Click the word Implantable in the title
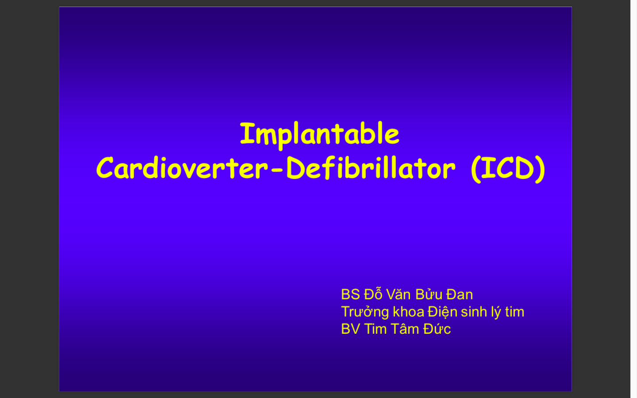(x=319, y=134)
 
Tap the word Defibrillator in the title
(x=370, y=168)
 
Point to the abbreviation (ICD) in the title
(x=508, y=168)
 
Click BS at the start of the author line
(x=350, y=295)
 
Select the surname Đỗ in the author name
(x=373, y=294)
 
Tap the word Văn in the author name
(x=399, y=295)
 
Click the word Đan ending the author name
(x=460, y=295)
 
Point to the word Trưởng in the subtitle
(x=365, y=312)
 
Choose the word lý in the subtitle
(x=496, y=312)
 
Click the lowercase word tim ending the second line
(x=514, y=312)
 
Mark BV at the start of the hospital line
(x=350, y=329)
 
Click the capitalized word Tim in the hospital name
(x=375, y=329)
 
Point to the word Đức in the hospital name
(x=437, y=329)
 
